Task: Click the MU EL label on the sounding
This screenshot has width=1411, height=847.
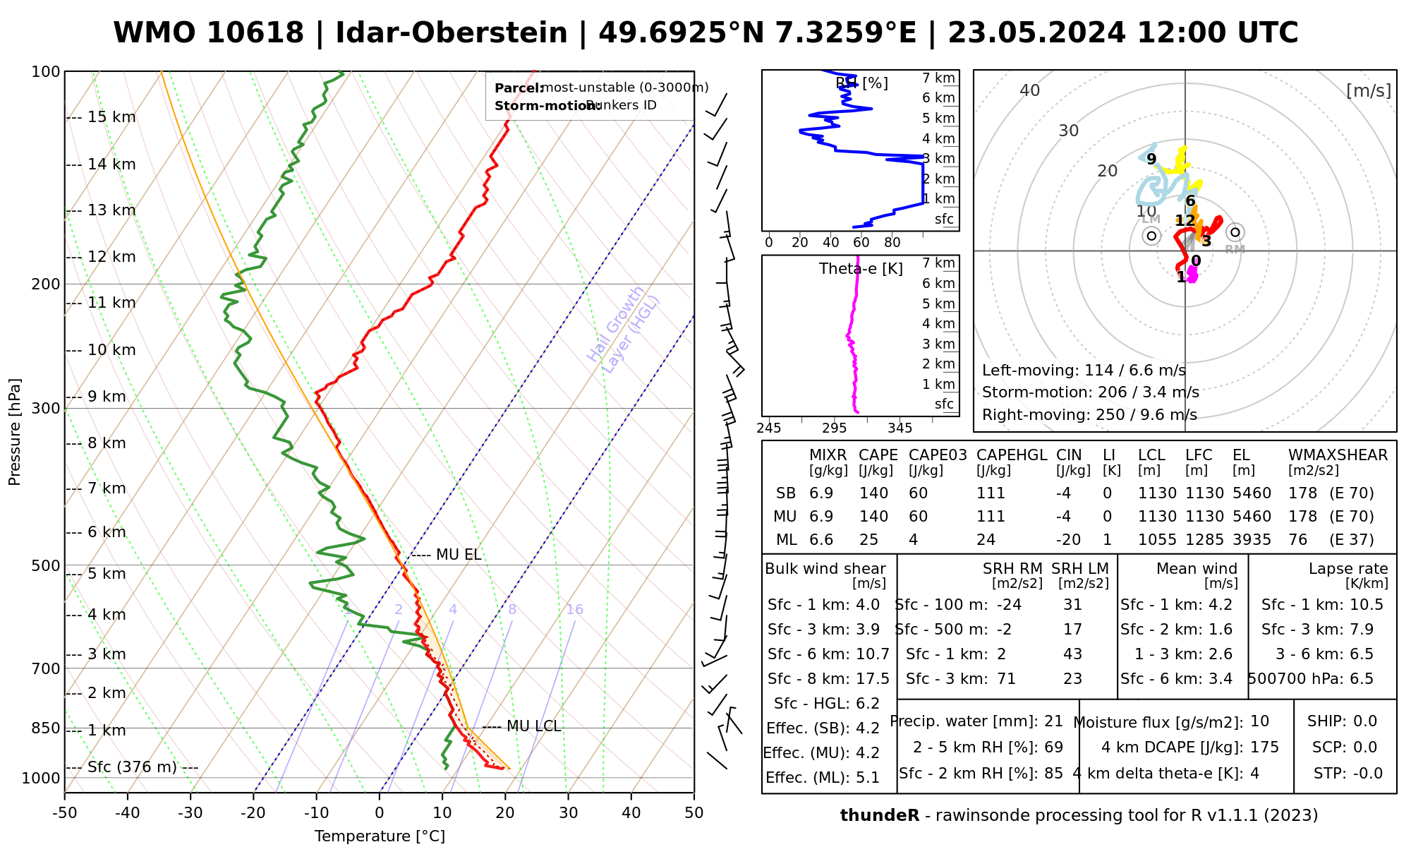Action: [x=459, y=555]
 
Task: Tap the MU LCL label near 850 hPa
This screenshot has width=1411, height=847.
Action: [x=533, y=726]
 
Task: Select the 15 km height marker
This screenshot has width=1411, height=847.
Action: [x=111, y=117]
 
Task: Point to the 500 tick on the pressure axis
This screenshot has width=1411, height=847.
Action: [x=47, y=565]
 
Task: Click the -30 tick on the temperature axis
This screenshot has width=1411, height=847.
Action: [x=190, y=813]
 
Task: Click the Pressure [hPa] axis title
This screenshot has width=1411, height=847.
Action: [x=15, y=432]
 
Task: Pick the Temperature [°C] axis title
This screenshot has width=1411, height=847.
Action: [x=380, y=836]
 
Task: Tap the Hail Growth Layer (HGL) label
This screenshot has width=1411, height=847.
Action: [x=624, y=329]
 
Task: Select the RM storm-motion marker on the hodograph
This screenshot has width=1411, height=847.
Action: [x=1235, y=232]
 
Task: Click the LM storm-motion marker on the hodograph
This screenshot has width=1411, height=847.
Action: [x=1152, y=236]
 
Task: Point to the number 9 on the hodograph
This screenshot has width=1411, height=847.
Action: [x=1151, y=160]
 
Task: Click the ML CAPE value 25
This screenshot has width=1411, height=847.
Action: [x=868, y=540]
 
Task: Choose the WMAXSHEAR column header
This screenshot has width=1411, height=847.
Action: [x=1338, y=455]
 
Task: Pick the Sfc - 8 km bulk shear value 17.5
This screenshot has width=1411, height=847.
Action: [x=873, y=679]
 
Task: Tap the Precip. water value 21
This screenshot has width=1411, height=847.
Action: [x=1053, y=721]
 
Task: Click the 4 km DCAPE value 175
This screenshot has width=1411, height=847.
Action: [x=1264, y=747]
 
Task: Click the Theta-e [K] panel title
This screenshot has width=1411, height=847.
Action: [x=861, y=269]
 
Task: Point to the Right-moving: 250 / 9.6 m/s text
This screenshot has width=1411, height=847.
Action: [x=1089, y=415]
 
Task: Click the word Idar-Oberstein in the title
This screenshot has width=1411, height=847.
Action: [x=452, y=33]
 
